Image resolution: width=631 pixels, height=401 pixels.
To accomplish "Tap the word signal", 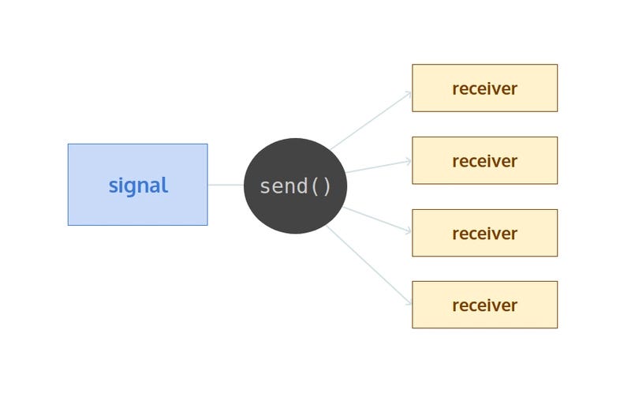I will [138, 186].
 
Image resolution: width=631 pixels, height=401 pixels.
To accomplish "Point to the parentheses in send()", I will [322, 186].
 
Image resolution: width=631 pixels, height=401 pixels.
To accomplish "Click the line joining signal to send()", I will [226, 185].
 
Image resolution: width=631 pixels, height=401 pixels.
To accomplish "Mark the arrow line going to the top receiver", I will [371, 120].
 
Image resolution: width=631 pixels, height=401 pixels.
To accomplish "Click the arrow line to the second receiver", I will [379, 166].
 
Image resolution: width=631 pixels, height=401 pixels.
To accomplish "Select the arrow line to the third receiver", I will [379, 220].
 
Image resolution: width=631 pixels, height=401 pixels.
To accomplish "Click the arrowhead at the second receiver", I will [409, 161].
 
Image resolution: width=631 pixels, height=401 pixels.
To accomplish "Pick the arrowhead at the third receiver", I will [409, 231].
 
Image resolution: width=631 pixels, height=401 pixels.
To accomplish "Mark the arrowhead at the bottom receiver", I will [409, 302].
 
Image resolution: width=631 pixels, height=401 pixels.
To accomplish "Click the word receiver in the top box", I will [484, 88].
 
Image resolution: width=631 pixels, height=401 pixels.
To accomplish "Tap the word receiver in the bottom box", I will [484, 305].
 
